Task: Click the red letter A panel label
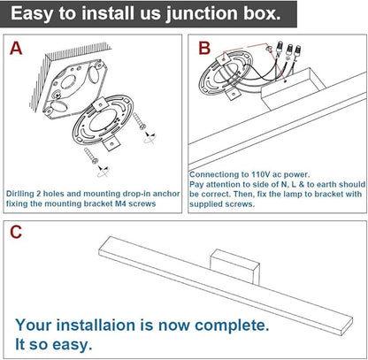point(16,49)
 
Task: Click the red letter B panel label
point(204,49)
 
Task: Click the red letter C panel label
point(16,232)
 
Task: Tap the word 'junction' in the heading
point(202,14)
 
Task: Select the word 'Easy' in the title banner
point(32,14)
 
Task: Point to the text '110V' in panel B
point(260,174)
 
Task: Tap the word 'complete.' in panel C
point(233,326)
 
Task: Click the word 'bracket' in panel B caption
point(332,194)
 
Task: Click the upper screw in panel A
point(139,120)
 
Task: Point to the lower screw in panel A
point(91,156)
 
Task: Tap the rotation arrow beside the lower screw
point(103,171)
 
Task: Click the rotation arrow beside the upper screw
point(149,138)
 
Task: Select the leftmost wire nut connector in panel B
point(279,48)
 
